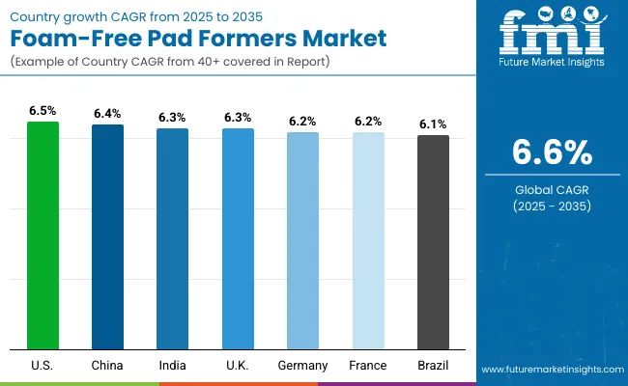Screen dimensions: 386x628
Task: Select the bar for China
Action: [107, 236]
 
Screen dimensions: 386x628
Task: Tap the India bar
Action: [173, 238]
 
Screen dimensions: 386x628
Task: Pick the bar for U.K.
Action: [238, 238]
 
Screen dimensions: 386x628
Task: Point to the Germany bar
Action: [302, 240]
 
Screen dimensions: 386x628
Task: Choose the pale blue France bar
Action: [368, 240]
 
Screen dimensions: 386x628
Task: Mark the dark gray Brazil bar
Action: [433, 241]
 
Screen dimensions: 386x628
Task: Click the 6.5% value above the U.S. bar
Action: [43, 111]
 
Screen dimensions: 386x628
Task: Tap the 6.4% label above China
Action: [107, 114]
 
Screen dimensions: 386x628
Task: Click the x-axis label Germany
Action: [302, 366]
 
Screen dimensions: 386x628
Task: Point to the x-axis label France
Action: [368, 366]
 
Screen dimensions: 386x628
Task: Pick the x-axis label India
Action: [173, 366]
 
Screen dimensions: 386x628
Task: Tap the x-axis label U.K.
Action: [238, 366]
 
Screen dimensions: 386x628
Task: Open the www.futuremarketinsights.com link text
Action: [550, 370]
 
